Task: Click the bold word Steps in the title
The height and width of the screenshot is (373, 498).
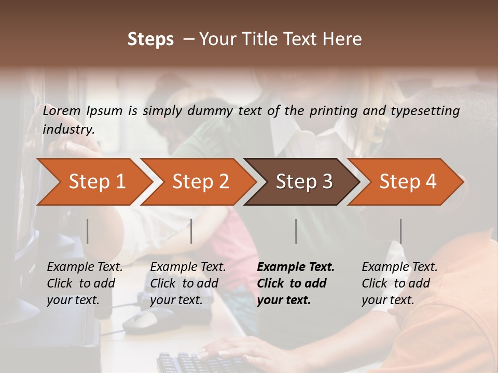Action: tap(150, 39)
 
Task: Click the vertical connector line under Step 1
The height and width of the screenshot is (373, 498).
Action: tap(88, 231)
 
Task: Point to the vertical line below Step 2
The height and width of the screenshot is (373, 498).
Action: tap(191, 231)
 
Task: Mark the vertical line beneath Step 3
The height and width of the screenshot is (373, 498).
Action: tap(296, 231)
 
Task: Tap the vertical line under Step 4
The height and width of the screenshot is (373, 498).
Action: tap(400, 231)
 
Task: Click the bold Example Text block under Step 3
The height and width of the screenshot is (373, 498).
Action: tap(296, 283)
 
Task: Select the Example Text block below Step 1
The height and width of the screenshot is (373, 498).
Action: tap(85, 283)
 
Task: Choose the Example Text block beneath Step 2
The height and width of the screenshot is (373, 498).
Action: tap(188, 283)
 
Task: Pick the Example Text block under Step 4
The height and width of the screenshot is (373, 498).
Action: tap(399, 283)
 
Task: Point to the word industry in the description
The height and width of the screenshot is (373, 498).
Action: tap(68, 130)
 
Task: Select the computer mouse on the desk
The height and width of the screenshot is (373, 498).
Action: tap(148, 320)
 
